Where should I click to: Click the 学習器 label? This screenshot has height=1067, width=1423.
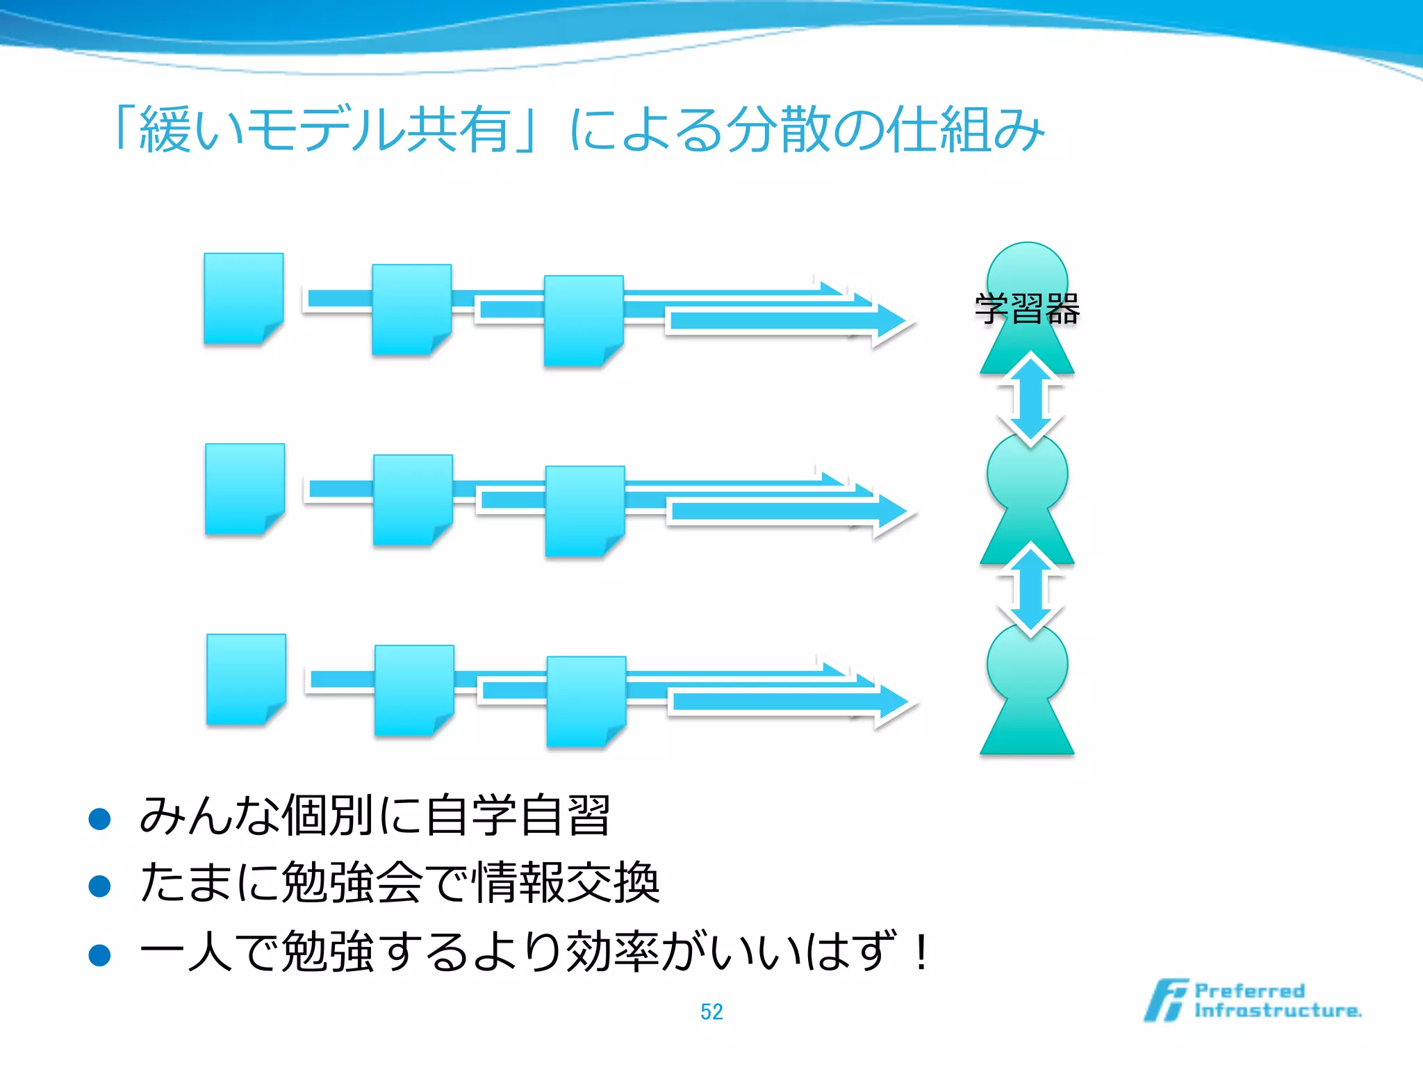pyautogui.click(x=1027, y=308)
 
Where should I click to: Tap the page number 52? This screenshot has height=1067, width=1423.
pyautogui.click(x=711, y=1011)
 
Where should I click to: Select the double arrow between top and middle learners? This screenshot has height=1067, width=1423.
pyautogui.click(x=1030, y=399)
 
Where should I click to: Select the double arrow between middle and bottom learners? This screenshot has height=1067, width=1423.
pyautogui.click(x=1030, y=590)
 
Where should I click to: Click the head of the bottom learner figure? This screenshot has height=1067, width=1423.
pyautogui.click(x=1027, y=663)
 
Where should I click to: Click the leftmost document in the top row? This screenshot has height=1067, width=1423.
pyautogui.click(x=243, y=298)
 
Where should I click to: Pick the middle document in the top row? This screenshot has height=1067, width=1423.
pyautogui.click(x=411, y=309)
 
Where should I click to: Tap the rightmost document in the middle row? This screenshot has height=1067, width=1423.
pyautogui.click(x=585, y=511)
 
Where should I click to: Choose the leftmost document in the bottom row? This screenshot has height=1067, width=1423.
pyautogui.click(x=246, y=679)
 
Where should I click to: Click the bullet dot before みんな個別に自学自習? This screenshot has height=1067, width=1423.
pyautogui.click(x=100, y=818)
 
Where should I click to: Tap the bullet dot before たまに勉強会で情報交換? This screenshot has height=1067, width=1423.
pyautogui.click(x=100, y=886)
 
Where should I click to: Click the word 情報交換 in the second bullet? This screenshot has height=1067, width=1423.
pyautogui.click(x=566, y=882)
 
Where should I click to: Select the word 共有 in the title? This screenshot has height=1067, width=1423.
pyautogui.click(x=459, y=130)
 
